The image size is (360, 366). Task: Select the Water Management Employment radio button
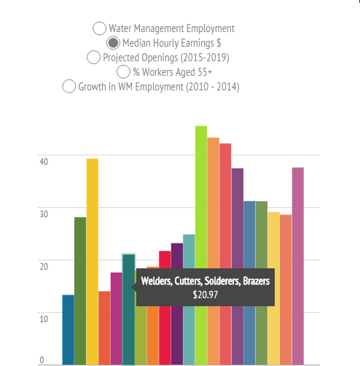tap(99, 28)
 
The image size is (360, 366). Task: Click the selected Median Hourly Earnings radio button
tap(113, 42)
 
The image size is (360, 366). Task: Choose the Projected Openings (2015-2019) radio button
tap(93, 57)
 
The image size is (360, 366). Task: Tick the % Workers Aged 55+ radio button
tap(123, 71)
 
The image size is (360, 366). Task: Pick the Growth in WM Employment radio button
tap(69, 86)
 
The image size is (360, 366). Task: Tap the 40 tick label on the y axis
tap(43, 161)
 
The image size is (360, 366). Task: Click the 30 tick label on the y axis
tap(43, 214)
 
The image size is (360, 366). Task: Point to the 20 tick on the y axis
tap(43, 266)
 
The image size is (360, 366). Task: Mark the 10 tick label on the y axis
tap(43, 319)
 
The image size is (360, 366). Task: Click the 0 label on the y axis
tap(42, 359)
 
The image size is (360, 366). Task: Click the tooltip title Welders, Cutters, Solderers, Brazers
tap(206, 281)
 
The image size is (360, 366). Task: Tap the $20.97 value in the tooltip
tap(206, 295)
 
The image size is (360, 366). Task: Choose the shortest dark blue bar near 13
tap(68, 329)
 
